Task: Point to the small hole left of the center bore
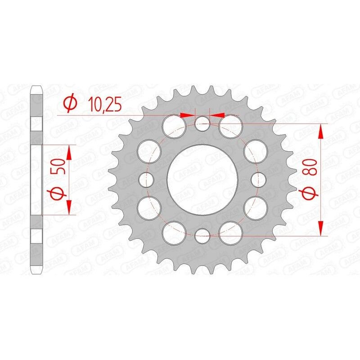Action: coord(146,179)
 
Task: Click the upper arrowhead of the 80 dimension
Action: coord(321,130)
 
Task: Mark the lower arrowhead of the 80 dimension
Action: coord(321,228)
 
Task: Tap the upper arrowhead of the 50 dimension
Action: coord(69,152)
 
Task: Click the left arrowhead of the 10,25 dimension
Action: coord(188,115)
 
